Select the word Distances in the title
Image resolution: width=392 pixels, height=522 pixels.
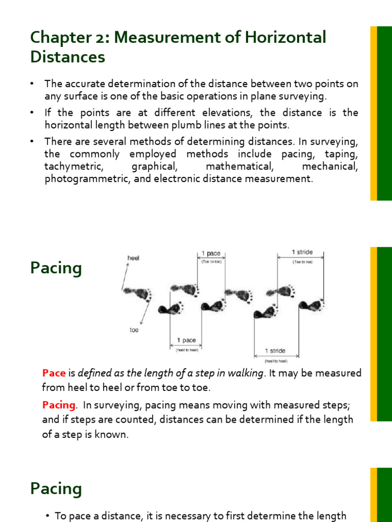tap(67, 57)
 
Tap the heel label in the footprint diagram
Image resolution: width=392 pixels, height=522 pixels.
tap(133, 258)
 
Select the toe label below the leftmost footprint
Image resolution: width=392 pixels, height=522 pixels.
tap(134, 330)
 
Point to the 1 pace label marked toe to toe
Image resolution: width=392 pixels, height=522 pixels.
tap(210, 253)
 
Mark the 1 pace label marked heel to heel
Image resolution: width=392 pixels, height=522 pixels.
tap(186, 341)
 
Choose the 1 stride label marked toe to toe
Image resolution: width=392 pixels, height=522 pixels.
tap(302, 252)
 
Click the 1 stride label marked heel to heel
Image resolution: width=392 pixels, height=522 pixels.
tap(275, 351)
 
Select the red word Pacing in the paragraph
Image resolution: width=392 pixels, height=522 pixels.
tap(59, 405)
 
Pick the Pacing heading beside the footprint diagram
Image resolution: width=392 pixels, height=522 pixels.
tap(56, 268)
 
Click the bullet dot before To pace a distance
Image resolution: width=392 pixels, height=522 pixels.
tap(48, 516)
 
